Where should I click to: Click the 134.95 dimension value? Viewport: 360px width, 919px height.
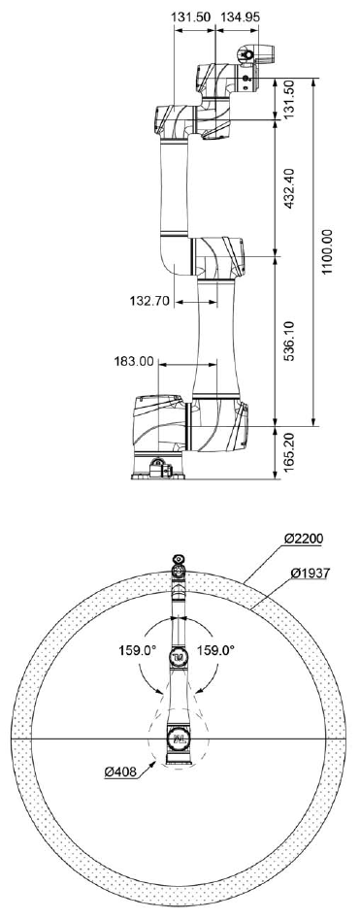pyautogui.click(x=239, y=17)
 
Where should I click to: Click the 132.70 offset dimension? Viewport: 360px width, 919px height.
pyautogui.click(x=149, y=301)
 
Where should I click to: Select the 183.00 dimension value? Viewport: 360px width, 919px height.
pyautogui.click(x=133, y=362)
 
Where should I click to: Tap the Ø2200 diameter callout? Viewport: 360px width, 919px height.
pyautogui.click(x=303, y=538)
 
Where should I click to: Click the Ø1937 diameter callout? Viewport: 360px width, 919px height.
pyautogui.click(x=311, y=574)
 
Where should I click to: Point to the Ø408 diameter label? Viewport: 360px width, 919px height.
pyautogui.click(x=120, y=772)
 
